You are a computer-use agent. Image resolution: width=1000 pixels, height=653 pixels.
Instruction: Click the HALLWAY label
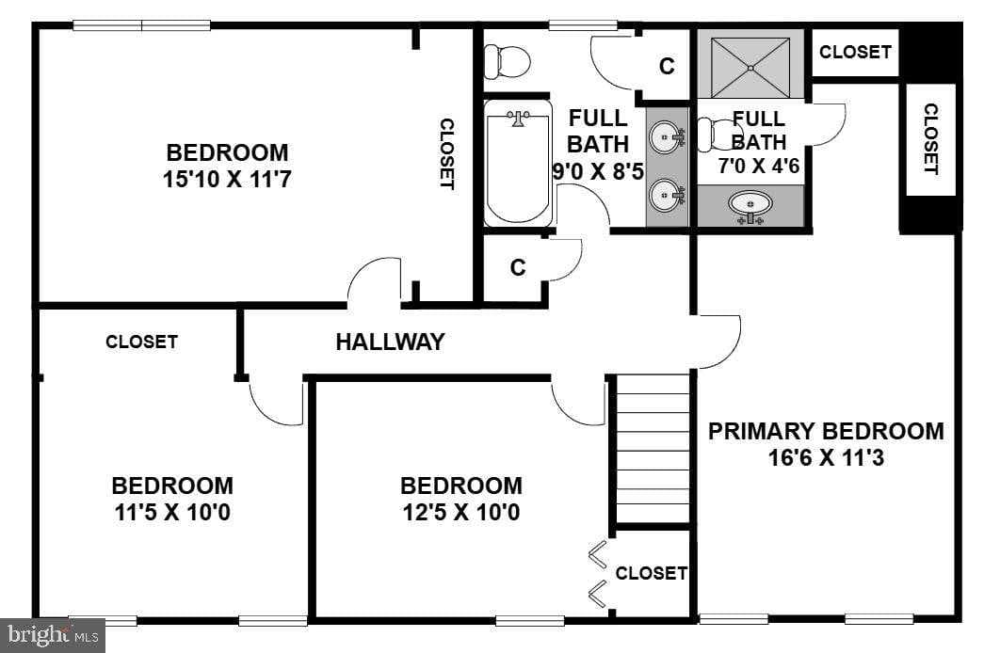coord(390,342)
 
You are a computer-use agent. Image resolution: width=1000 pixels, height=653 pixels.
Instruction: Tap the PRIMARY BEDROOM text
coord(826,432)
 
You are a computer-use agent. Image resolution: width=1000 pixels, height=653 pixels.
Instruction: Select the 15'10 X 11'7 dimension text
coord(227,179)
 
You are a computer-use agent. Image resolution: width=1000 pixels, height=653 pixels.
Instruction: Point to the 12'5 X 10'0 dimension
coord(460,513)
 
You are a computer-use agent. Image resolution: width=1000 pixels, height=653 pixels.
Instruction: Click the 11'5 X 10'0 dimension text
coord(171,513)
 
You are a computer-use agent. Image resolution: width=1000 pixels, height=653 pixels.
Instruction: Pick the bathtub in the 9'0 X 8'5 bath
coord(517,165)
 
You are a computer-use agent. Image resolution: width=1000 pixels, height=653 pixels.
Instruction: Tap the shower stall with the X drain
coord(750,67)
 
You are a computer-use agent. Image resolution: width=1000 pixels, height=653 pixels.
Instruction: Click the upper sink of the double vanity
coord(668,137)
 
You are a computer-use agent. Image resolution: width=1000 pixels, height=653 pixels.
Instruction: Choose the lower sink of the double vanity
coord(668,196)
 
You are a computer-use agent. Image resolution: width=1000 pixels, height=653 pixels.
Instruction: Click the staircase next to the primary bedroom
coord(652,450)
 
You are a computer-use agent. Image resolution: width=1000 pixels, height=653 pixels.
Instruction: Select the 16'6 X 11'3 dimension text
coord(826,459)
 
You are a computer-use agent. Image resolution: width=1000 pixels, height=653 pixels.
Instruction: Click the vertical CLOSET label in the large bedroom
coord(447,153)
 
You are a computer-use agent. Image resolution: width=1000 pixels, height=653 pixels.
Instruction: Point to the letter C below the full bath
coord(517,268)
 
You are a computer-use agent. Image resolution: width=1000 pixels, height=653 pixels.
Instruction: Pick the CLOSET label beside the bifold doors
coord(651,573)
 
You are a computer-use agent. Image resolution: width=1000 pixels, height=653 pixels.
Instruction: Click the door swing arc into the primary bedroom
coord(718,343)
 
